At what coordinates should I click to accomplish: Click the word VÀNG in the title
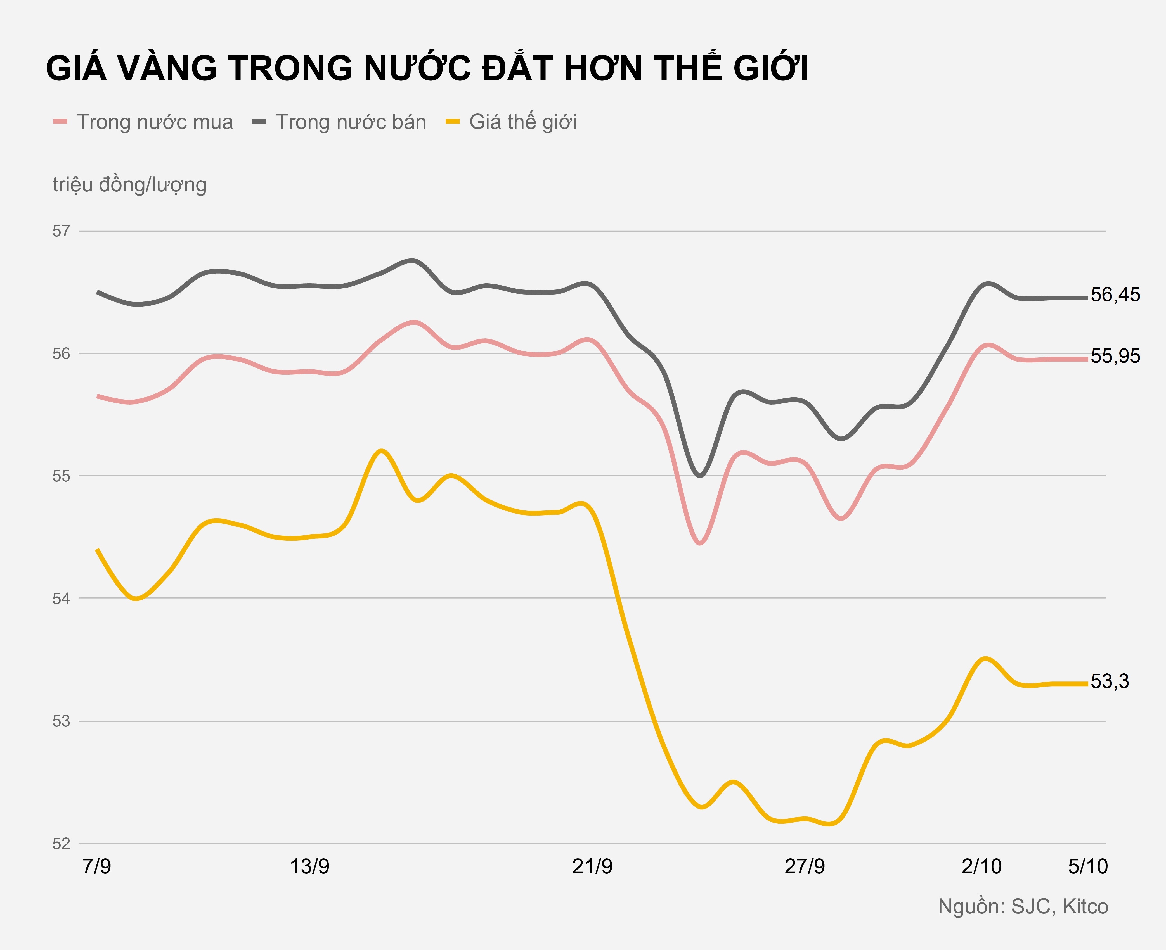click(167, 68)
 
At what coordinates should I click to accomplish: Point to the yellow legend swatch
click(453, 122)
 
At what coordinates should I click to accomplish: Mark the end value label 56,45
click(1115, 295)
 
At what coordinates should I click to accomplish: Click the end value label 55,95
click(1115, 356)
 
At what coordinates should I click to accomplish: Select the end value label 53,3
click(1110, 681)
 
